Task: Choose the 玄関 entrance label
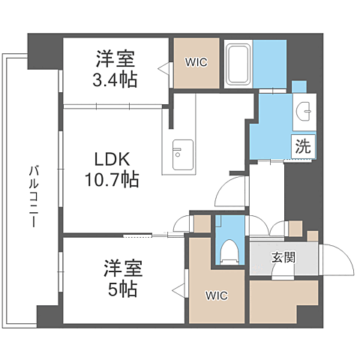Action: click(283, 257)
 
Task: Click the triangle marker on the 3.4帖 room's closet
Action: click(163, 69)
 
